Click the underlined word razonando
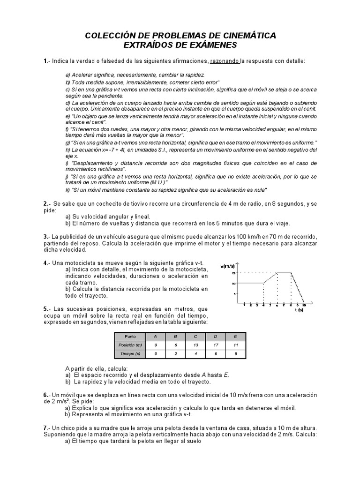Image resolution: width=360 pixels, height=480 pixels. [225, 61]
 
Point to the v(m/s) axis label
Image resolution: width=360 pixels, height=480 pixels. [228, 266]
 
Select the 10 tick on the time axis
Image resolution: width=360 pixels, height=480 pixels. [304, 305]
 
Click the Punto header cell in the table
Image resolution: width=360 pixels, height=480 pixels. [130, 337]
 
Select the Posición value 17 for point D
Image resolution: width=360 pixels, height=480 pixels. [215, 345]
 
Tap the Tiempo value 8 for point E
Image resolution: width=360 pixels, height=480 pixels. [235, 354]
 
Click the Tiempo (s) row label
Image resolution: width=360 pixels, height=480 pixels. [130, 354]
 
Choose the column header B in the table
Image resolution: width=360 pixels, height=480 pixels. [175, 337]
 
